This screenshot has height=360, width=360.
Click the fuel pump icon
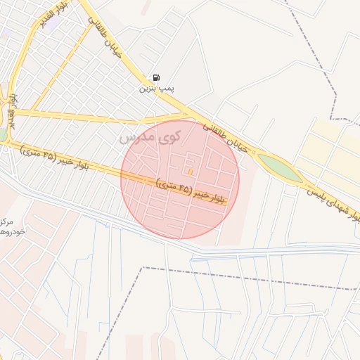155,77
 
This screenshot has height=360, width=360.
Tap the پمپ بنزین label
155,89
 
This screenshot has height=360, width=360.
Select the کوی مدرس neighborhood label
150,135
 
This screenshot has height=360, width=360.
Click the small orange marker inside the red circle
189,172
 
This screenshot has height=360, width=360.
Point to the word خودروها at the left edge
13,231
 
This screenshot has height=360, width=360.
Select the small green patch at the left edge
3,134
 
